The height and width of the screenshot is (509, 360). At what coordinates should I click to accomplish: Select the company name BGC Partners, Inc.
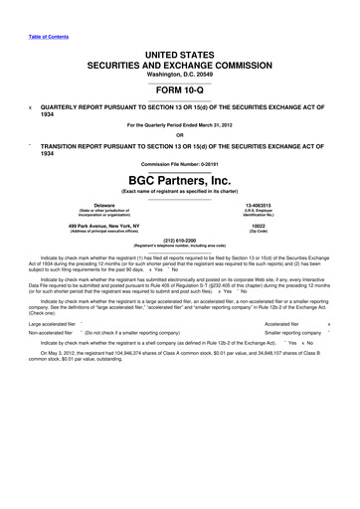[x=180, y=180]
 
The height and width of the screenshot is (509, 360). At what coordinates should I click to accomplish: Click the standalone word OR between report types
[x=180, y=135]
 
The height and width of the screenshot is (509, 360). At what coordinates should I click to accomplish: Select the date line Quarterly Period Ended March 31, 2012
[x=180, y=123]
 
